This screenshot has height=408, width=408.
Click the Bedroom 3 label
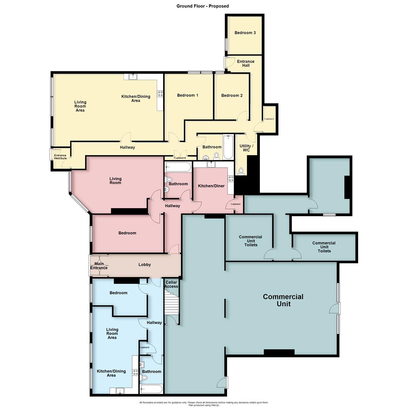coord(245,33)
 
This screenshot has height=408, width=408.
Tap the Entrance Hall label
coord(246,63)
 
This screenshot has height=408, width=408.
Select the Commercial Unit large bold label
coord(283,300)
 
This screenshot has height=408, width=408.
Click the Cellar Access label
coord(172,284)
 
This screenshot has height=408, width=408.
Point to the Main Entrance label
coord(99,266)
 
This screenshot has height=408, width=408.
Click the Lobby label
coord(145,265)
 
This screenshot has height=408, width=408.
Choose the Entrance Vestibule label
coord(60,157)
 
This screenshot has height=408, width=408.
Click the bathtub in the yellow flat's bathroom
coord(228,147)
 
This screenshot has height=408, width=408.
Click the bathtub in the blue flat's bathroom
coord(151,389)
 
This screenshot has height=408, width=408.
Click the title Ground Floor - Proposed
coord(202,6)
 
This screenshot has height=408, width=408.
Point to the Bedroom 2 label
coord(232,96)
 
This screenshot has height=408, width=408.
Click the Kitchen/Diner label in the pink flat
coord(212,186)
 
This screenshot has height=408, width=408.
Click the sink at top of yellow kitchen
coord(133,77)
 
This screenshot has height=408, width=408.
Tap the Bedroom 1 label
coord(188,96)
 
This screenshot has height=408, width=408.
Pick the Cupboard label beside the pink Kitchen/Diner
coord(235,204)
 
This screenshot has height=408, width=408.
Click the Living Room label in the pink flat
coord(116,181)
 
